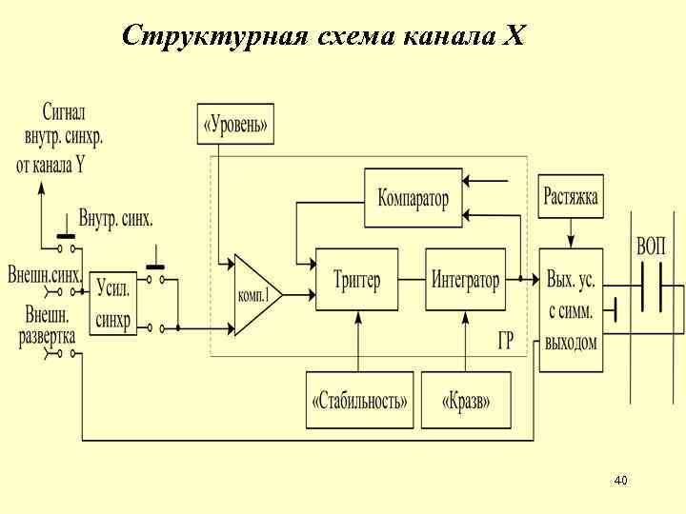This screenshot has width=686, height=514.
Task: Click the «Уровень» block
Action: [234, 124]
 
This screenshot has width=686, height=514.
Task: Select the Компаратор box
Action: [413, 198]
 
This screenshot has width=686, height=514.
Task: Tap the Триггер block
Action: [356, 280]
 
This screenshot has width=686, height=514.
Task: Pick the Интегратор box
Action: [465, 280]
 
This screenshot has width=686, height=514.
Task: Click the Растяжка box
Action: [571, 197]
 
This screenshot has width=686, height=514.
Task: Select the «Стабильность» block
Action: [359, 400]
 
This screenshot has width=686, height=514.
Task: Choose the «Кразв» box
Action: [466, 400]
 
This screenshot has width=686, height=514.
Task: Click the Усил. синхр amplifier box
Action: [113, 304]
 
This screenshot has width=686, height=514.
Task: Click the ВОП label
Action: [652, 246]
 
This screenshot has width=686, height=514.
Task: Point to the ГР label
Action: [505, 341]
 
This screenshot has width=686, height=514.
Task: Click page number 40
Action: [620, 481]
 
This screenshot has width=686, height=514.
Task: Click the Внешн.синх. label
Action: [44, 275]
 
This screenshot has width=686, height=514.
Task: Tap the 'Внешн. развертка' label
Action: [45, 325]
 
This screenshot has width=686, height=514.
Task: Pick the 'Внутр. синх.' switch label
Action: [115, 219]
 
